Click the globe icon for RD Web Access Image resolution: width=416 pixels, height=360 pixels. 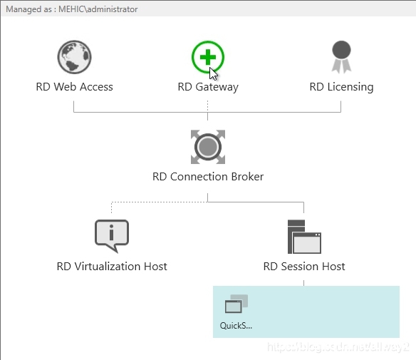click(x=74, y=57)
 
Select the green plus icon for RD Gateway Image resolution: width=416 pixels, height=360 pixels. click(x=207, y=56)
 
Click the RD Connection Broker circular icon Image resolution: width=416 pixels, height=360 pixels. click(x=208, y=147)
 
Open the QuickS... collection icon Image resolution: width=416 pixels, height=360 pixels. click(x=236, y=304)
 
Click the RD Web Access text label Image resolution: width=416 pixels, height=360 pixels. click(x=74, y=87)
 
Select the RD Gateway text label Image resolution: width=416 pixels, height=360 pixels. click(x=208, y=87)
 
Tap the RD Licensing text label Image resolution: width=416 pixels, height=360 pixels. click(x=341, y=87)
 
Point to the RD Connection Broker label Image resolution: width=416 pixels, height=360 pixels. click(x=208, y=176)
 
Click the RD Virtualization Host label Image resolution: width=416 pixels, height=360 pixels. click(x=112, y=266)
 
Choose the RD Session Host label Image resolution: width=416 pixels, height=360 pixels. click(x=304, y=266)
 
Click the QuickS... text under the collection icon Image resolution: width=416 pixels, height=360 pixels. click(x=236, y=326)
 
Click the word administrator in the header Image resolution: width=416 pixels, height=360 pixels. click(x=113, y=9)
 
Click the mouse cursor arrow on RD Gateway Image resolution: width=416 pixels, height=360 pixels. click(x=213, y=72)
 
